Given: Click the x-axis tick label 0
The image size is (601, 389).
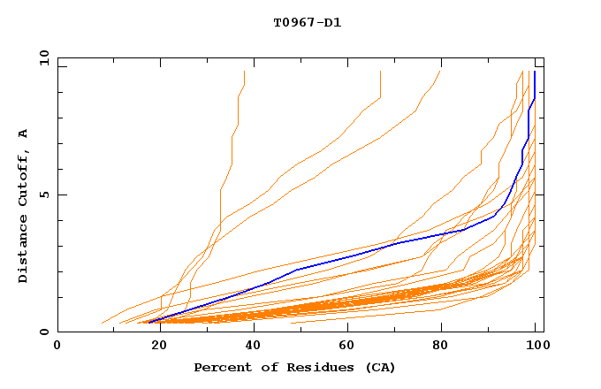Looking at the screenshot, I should (x=57, y=346).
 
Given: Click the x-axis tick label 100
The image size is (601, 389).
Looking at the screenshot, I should (x=536, y=346).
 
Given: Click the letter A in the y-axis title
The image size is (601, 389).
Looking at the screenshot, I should (x=24, y=133).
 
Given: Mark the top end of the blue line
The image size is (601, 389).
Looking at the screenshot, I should (x=534, y=72).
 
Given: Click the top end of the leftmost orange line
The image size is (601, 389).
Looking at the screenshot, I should (x=244, y=72).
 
